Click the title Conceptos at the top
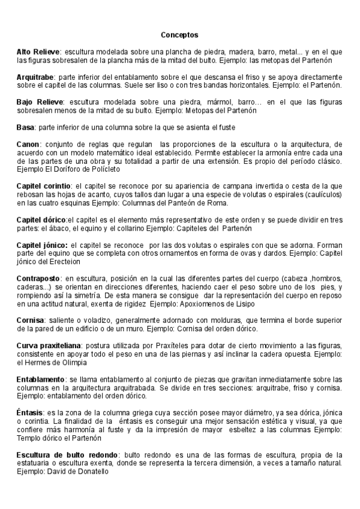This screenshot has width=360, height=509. (x=179, y=35)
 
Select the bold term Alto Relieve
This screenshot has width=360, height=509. (x=38, y=52)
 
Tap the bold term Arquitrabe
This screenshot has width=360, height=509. (x=36, y=77)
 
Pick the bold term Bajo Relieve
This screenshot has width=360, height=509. (x=38, y=102)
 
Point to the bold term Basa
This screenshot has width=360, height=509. (x=26, y=127)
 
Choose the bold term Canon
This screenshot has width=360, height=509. (x=28, y=144)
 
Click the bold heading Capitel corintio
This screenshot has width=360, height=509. (x=44, y=186)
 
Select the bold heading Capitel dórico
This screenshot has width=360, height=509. (x=41, y=220)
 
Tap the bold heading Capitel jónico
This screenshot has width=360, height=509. (x=41, y=245)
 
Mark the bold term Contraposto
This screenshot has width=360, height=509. (x=38, y=279)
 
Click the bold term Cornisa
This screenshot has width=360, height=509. (x=30, y=321)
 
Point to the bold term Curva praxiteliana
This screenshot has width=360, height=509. (x=50, y=346)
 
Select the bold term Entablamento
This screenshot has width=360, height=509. (x=41, y=379)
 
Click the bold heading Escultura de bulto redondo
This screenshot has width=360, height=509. (x=67, y=455)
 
